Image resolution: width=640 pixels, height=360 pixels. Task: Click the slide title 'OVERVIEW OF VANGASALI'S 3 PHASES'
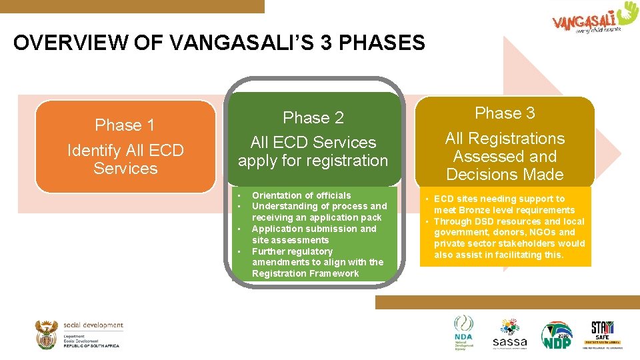219,43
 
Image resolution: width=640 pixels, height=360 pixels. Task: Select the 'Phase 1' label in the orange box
125,125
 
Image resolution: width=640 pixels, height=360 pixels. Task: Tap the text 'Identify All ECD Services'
125,159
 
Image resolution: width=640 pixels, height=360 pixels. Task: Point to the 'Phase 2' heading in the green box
313,118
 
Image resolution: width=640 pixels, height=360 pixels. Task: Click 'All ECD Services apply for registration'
313,151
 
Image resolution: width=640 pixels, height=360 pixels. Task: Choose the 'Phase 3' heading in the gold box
505,113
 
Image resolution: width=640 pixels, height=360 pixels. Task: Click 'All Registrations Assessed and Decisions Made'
505,157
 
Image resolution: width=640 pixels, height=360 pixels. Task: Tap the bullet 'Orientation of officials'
301,195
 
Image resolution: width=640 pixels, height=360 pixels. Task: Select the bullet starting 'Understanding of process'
319,212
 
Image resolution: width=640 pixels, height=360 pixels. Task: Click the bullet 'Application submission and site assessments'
313,234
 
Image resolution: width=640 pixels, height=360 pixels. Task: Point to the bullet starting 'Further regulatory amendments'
317,262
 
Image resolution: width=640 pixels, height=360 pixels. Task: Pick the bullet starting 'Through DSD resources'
509,238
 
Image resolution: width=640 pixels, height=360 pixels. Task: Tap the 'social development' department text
93,325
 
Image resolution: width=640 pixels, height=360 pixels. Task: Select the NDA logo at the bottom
463,332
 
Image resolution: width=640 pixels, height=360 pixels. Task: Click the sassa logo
509,334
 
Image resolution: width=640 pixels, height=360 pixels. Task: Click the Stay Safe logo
603,334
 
